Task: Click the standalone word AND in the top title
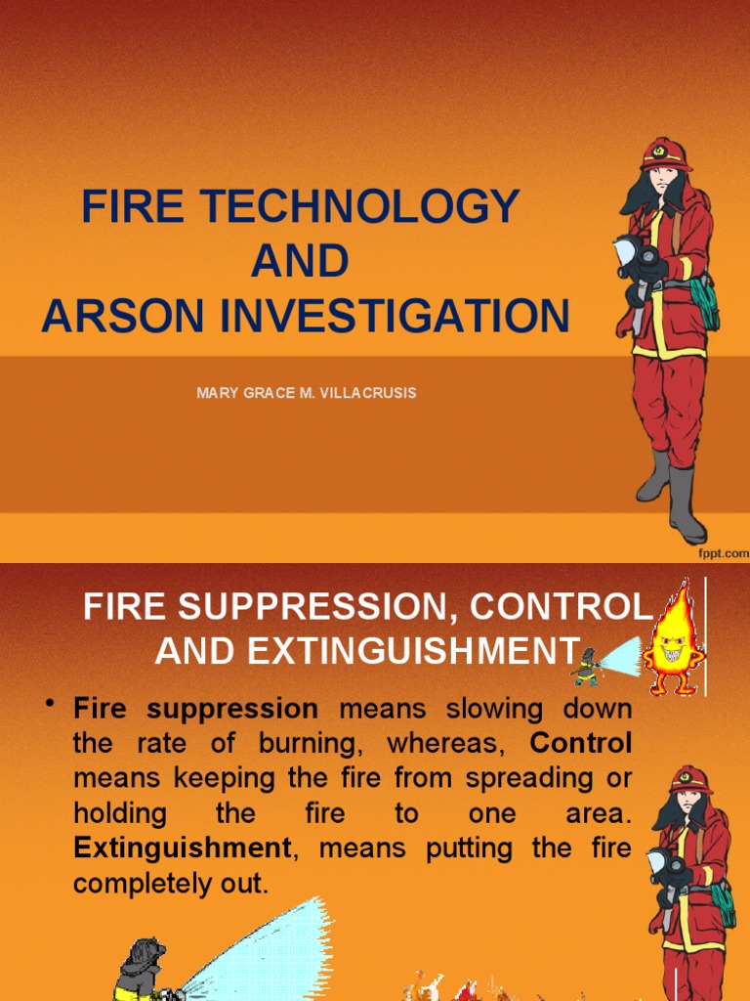[300, 262]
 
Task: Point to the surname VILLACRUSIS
[364, 393]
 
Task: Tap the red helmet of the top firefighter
[666, 155]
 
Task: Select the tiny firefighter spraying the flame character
[586, 668]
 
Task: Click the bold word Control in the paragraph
[581, 743]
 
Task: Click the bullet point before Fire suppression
[48, 707]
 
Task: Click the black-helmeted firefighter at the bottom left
[142, 968]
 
